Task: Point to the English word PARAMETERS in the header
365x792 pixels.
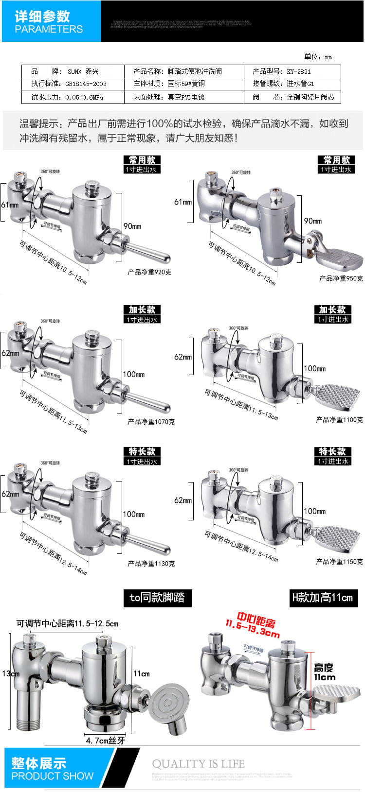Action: pyautogui.click(x=49, y=29)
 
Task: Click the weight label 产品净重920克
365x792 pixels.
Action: pyautogui.click(x=149, y=272)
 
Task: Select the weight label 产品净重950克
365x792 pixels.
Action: pyautogui.click(x=341, y=278)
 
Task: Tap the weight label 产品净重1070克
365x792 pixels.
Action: pyautogui.click(x=151, y=422)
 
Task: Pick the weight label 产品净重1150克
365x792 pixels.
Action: pyautogui.click(x=339, y=562)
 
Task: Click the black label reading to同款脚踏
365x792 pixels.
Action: pyautogui.click(x=157, y=598)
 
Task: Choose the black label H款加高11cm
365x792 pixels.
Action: pyautogui.click(x=323, y=598)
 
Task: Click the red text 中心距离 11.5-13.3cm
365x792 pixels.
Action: pyautogui.click(x=254, y=626)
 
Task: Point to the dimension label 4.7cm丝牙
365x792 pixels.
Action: pyautogui.click(x=105, y=740)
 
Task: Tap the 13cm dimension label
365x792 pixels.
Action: pyautogui.click(x=11, y=673)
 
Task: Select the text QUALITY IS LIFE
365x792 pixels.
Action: pyautogui.click(x=198, y=764)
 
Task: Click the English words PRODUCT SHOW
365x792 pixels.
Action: pyautogui.click(x=52, y=776)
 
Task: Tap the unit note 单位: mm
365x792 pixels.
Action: pyautogui.click(x=318, y=57)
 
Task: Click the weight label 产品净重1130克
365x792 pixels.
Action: pyautogui.click(x=151, y=564)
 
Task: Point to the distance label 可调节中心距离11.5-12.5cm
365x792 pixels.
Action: pyautogui.click(x=67, y=623)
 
